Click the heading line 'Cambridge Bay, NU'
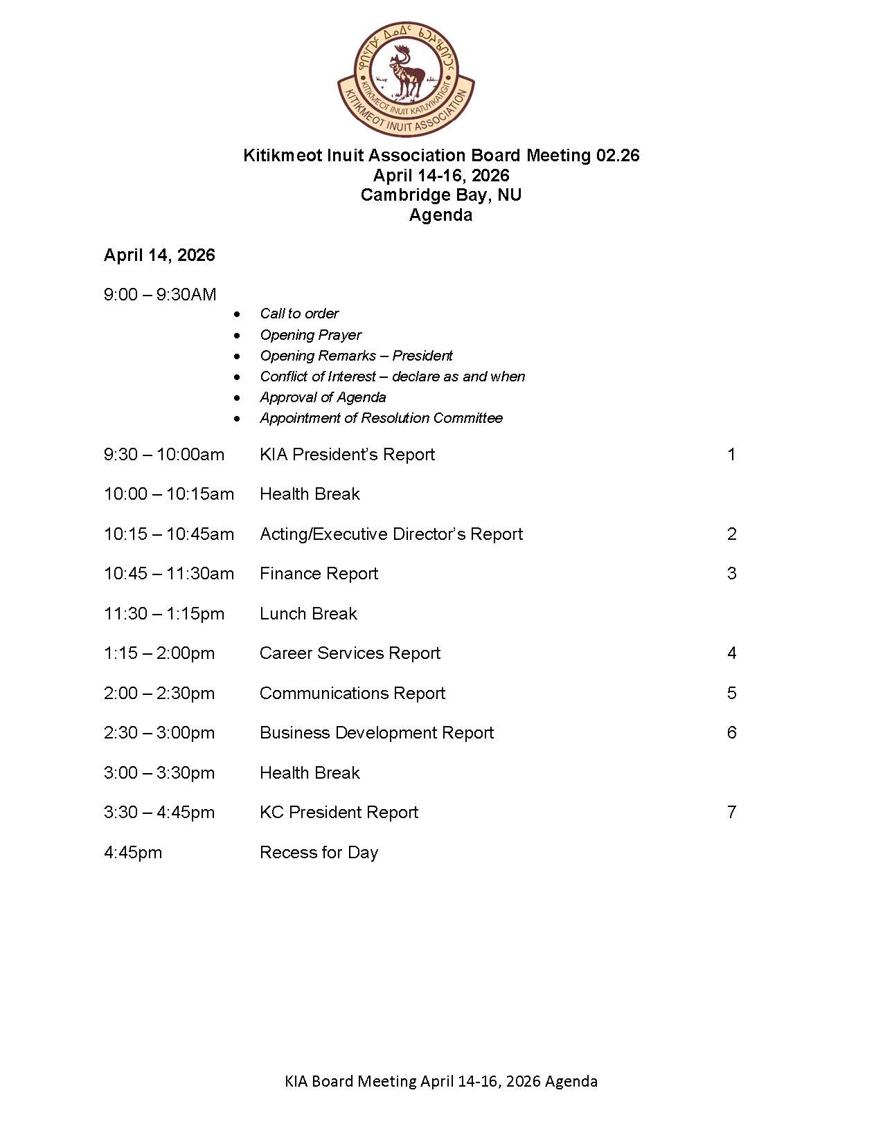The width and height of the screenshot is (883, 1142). (x=440, y=195)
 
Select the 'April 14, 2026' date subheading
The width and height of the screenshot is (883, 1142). (x=159, y=255)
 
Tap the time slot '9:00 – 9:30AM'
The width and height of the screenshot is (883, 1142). (x=160, y=295)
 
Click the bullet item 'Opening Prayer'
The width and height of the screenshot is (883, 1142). (x=310, y=335)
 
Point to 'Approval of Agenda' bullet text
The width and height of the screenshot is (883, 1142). (x=323, y=397)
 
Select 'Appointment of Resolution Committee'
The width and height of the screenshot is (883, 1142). (x=381, y=418)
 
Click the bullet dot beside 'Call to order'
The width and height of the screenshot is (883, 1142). (x=238, y=314)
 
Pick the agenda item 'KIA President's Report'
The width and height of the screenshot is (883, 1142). (x=347, y=455)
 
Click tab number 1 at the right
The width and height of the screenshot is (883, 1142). (x=731, y=455)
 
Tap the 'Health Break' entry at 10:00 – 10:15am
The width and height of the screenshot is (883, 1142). (x=310, y=494)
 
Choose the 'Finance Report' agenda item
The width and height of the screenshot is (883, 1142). (x=319, y=574)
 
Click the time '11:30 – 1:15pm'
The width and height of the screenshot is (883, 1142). (x=164, y=614)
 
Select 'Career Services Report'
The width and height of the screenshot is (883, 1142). (x=350, y=653)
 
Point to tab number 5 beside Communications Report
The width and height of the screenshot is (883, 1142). (x=731, y=694)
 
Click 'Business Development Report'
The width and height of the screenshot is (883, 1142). (x=377, y=733)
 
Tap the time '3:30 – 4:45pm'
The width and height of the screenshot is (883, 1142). (x=159, y=813)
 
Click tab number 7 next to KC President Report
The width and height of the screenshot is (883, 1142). (x=731, y=813)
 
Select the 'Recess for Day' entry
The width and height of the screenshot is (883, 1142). (x=319, y=853)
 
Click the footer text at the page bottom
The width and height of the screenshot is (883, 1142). (x=440, y=1081)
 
